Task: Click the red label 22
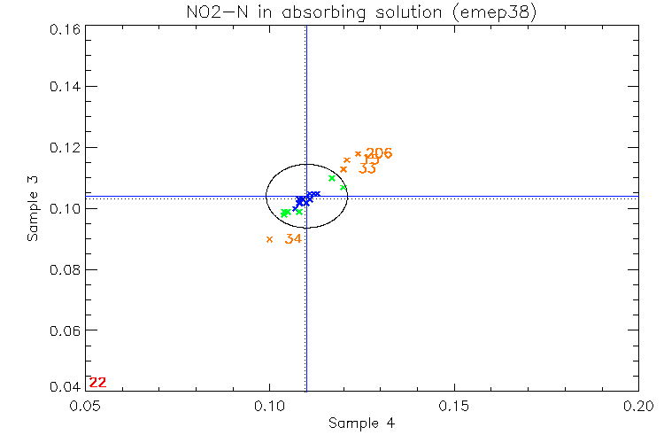click(x=97, y=383)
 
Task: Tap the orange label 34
click(x=294, y=239)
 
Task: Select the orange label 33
click(x=368, y=168)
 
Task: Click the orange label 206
click(x=379, y=153)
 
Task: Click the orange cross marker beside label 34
click(x=269, y=239)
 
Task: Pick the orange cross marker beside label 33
click(x=344, y=168)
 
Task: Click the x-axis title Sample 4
click(x=361, y=424)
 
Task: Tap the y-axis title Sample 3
click(x=32, y=209)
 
